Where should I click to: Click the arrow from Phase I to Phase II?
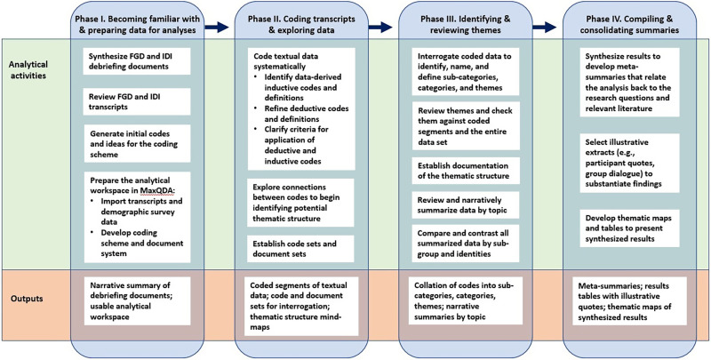[217, 28]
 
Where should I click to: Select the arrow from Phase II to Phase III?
[380, 28]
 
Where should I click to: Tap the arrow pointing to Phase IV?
[544, 28]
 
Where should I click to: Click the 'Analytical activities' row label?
[28, 68]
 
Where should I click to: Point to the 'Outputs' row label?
[20, 299]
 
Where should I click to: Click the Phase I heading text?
[138, 25]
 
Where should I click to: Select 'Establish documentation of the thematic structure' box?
[466, 170]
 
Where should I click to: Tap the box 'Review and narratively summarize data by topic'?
[466, 205]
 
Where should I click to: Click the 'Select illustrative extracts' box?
[629, 163]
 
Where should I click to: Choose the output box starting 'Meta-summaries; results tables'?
[629, 300]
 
